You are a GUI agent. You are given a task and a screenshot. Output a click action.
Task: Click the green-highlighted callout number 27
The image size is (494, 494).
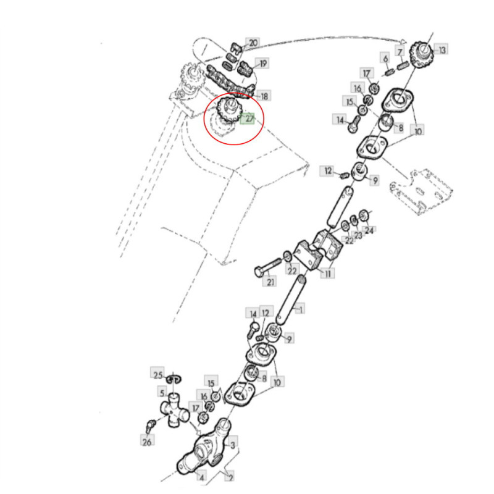click(x=248, y=119)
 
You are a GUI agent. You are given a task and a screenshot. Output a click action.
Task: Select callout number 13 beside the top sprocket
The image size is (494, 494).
click(x=442, y=49)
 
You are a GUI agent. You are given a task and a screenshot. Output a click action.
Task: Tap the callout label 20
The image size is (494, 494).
click(x=253, y=43)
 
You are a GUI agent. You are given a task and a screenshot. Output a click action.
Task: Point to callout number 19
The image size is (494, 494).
click(x=262, y=64)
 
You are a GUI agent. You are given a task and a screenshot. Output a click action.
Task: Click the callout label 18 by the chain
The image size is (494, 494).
click(x=264, y=96)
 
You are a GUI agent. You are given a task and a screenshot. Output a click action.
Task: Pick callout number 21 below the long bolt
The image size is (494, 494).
click(x=270, y=282)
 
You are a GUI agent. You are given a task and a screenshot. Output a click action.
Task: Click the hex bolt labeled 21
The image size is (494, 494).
click(x=267, y=267)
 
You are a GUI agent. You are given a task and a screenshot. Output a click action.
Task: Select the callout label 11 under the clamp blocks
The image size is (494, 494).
click(x=328, y=273)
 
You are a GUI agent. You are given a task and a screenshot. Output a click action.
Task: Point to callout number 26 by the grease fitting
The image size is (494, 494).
click(x=147, y=442)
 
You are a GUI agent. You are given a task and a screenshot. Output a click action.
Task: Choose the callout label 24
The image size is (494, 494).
click(x=369, y=230)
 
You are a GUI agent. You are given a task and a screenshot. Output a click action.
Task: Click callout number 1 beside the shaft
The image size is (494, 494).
click(x=300, y=309)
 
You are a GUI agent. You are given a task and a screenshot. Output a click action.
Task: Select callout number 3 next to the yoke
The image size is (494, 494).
click(x=233, y=445)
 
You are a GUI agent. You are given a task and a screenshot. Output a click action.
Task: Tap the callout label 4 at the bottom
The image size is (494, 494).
click(x=202, y=477)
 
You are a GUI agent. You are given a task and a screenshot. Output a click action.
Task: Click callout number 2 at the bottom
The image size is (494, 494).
click(x=230, y=477)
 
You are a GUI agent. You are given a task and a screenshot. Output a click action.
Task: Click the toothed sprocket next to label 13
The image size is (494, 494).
click(x=422, y=55)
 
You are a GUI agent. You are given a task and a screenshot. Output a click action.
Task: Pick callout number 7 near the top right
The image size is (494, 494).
click(x=400, y=52)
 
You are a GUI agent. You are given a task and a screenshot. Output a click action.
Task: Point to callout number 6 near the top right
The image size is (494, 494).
click(x=385, y=58)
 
